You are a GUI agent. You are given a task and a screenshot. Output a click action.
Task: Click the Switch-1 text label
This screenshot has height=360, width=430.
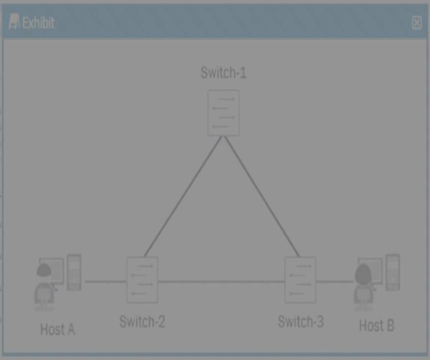[x=223, y=73]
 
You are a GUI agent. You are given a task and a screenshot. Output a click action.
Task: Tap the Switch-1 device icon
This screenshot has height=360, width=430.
[x=223, y=112]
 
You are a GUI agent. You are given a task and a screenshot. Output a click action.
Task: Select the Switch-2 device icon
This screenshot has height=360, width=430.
[x=142, y=280]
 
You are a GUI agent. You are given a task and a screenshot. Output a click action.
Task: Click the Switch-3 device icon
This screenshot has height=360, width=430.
[x=300, y=280]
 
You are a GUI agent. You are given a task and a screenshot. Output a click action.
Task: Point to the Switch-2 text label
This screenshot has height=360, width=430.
[x=142, y=322]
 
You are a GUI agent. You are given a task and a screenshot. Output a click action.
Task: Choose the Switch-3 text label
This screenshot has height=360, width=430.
[x=301, y=322]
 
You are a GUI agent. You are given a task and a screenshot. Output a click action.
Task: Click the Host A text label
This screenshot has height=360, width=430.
[x=57, y=329]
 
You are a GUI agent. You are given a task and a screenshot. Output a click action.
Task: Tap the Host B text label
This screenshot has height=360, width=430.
[x=377, y=325]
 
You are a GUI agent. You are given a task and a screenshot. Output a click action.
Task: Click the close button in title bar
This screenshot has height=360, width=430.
[x=416, y=23]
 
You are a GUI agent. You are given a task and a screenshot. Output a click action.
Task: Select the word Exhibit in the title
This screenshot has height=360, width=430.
[x=38, y=23]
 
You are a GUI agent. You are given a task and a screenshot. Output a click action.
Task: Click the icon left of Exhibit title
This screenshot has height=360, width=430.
[x=14, y=22]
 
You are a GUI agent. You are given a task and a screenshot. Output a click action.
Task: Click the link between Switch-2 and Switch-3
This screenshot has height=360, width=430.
[x=221, y=282]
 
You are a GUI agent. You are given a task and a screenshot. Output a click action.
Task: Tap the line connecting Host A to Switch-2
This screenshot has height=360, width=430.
[x=105, y=282]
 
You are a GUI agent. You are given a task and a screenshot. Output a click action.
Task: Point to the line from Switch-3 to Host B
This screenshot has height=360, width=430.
[x=334, y=282]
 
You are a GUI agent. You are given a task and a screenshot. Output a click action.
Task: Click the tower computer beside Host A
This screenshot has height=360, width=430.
[x=74, y=272]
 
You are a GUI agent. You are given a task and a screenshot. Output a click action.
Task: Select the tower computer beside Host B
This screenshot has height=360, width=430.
[x=392, y=272]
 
